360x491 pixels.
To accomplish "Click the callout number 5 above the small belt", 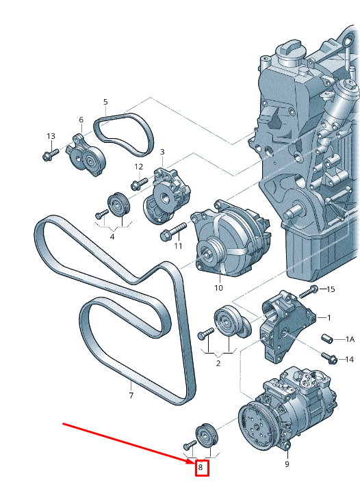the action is tap(105, 102).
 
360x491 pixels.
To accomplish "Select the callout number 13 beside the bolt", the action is tap(51, 136).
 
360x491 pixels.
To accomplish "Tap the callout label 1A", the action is tap(350, 339).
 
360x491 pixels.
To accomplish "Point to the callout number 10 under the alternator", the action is tap(218, 287).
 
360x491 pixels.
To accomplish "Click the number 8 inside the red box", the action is tap(201, 467).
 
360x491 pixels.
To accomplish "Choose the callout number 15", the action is tap(331, 289).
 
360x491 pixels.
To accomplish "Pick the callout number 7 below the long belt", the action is tap(131, 395).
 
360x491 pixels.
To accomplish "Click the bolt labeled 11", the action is tap(173, 230).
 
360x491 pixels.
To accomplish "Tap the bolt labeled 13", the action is tap(50, 155).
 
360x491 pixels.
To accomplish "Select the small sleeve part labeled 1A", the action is tap(327, 339).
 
